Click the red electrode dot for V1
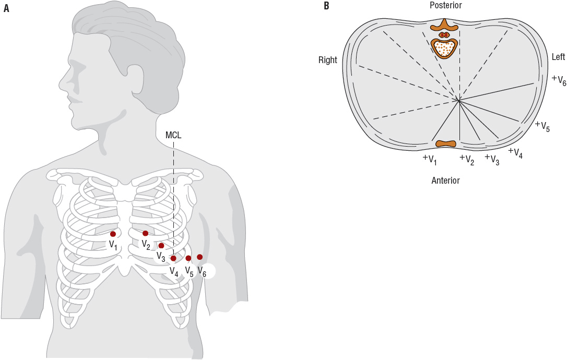tap(113, 234)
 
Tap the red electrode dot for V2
tap(146, 233)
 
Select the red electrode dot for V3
tap(161, 246)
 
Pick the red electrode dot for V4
tap(173, 258)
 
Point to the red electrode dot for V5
tap(188, 258)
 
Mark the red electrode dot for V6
tap(200, 257)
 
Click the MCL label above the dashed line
tap(173, 136)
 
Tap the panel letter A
tap(6, 8)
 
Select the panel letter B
tap(326, 6)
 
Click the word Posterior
tap(445, 5)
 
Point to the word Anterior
tap(445, 181)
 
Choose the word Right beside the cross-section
tap(328, 61)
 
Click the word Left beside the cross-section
tap(559, 57)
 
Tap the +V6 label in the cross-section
tap(559, 80)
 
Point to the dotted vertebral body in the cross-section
tap(445, 48)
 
